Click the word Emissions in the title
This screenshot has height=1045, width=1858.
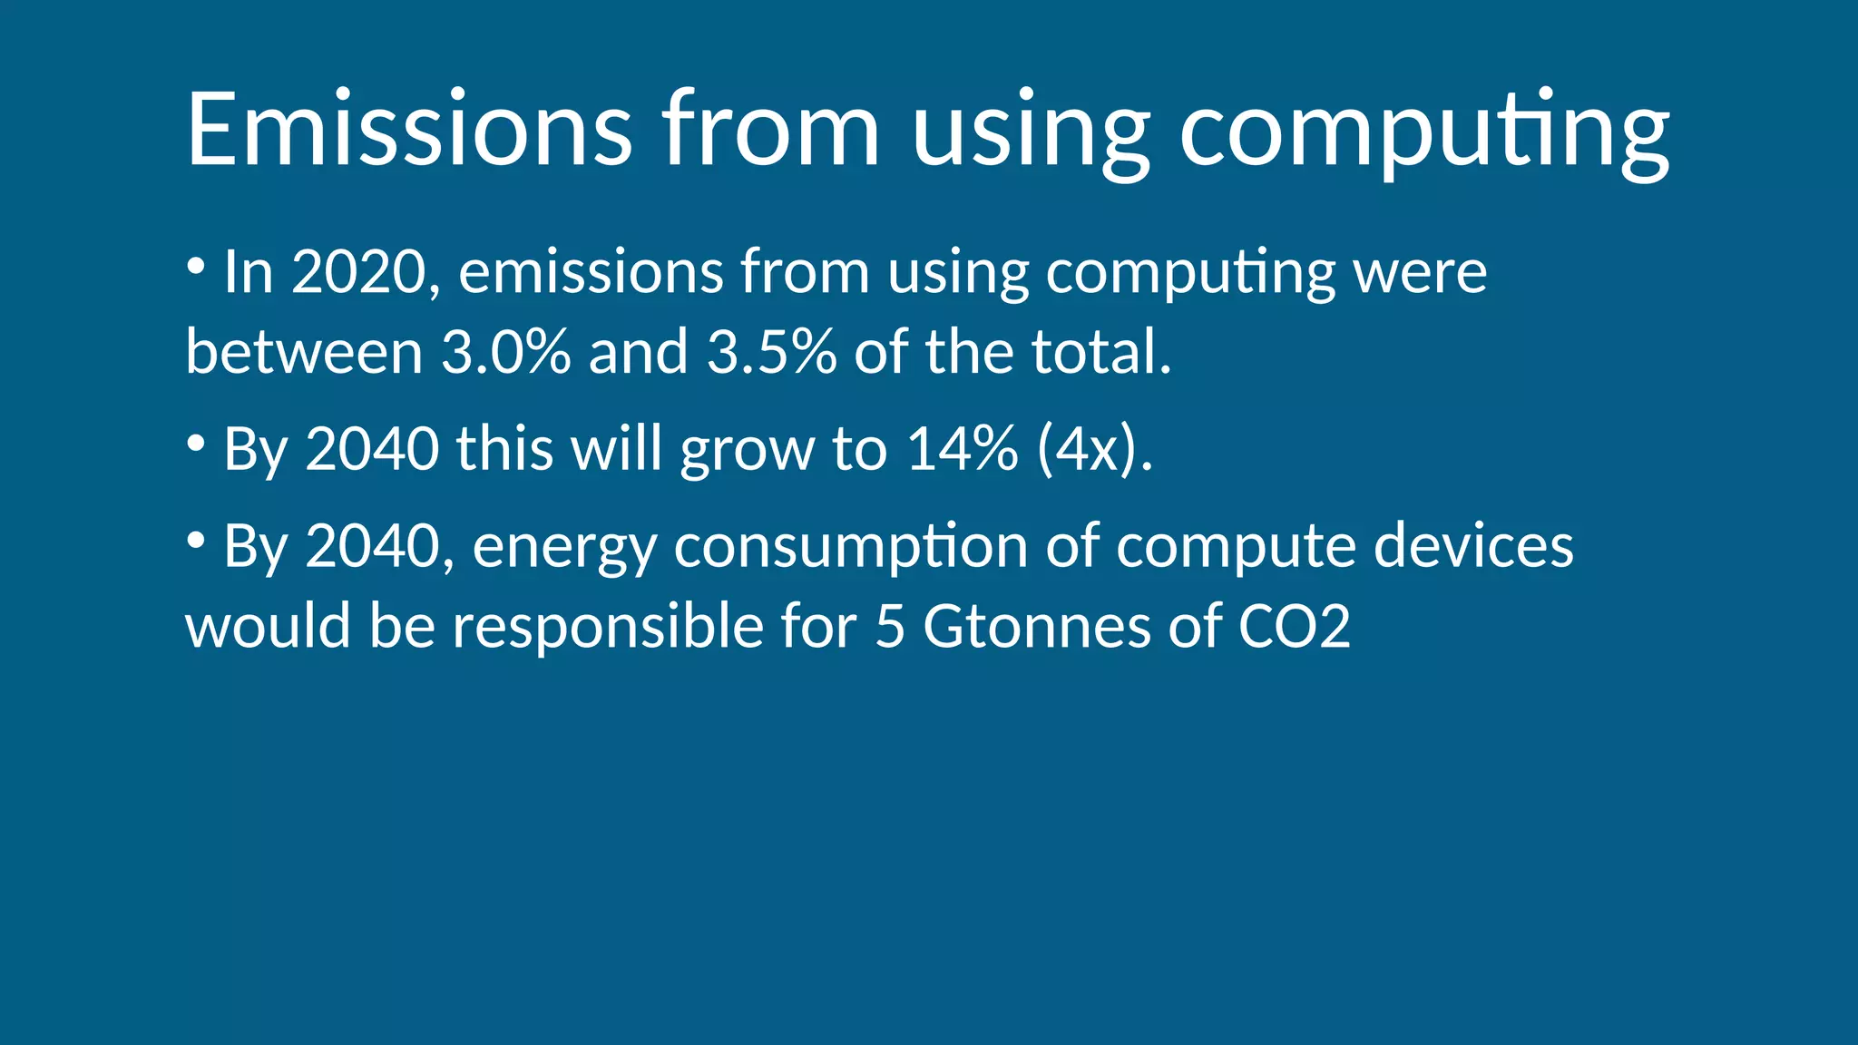(409, 129)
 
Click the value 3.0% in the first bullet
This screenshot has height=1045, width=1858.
(506, 351)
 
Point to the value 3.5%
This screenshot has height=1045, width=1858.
(771, 351)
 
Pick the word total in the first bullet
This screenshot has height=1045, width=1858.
(1100, 351)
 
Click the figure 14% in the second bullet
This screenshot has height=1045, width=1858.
(963, 448)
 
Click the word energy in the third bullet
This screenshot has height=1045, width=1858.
(564, 547)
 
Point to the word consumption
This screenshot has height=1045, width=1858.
(851, 547)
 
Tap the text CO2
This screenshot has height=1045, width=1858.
(1295, 626)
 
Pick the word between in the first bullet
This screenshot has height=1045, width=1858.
(304, 351)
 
